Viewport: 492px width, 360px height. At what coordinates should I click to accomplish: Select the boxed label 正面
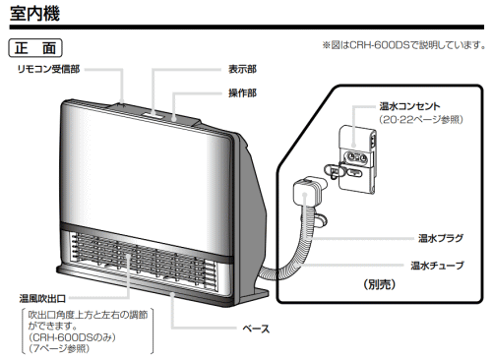pos(34,46)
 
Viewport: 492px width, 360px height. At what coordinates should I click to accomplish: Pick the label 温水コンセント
pos(407,105)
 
